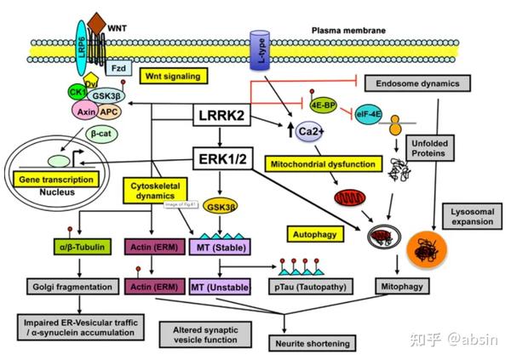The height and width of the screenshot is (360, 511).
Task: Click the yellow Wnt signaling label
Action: (x=175, y=77)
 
